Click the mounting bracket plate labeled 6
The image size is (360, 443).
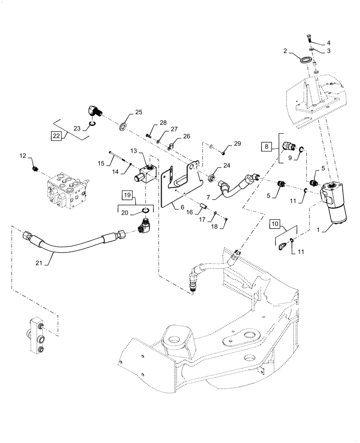pyautogui.click(x=177, y=186)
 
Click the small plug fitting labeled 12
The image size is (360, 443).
pyautogui.click(x=35, y=169)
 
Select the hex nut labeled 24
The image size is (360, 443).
pyautogui.click(x=211, y=179)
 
